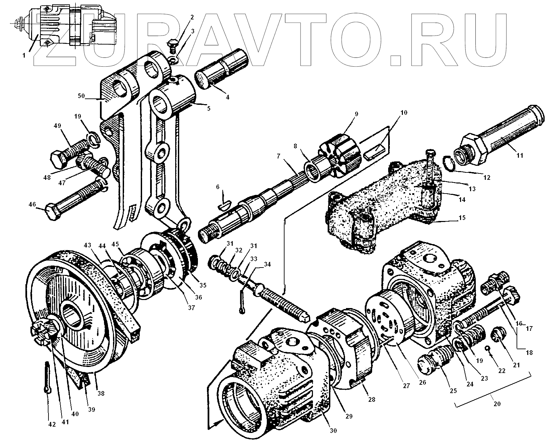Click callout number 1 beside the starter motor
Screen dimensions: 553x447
tap(23, 56)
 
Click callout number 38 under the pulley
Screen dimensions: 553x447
tap(100, 393)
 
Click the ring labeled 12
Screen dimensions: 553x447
tap(449, 162)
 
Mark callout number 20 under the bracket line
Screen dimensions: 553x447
tap(497, 403)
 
